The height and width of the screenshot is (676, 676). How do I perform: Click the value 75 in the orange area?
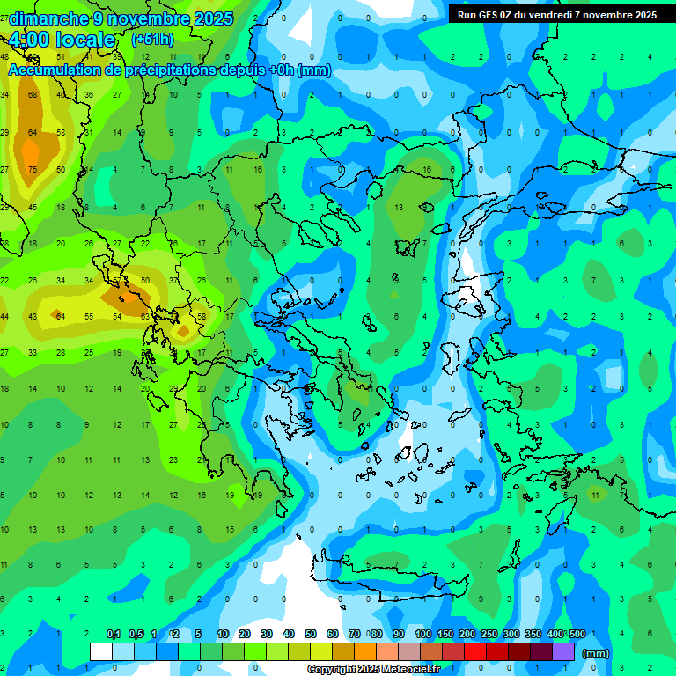pyautogui.click(x=33, y=170)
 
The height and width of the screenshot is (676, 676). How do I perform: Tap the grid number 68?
pyautogui.click(x=33, y=94)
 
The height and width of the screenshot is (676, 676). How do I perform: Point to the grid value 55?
pyautogui.click(x=89, y=316)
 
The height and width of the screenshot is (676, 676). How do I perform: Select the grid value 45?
pyautogui.click(x=33, y=208)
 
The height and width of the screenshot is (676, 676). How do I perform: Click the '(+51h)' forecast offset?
pyautogui.click(x=151, y=40)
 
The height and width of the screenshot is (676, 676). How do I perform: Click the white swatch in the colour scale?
pyautogui.click(x=101, y=652)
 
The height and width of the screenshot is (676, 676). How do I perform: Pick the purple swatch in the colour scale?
pyautogui.click(x=564, y=652)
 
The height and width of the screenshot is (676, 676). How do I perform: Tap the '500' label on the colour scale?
pyautogui.click(x=577, y=635)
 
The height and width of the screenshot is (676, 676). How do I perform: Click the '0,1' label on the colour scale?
pyautogui.click(x=114, y=635)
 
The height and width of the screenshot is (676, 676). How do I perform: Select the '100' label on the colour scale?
pyautogui.click(x=422, y=635)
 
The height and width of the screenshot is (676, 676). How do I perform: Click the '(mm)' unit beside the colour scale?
pyautogui.click(x=596, y=653)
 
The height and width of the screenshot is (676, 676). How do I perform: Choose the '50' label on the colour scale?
pyautogui.click(x=311, y=635)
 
